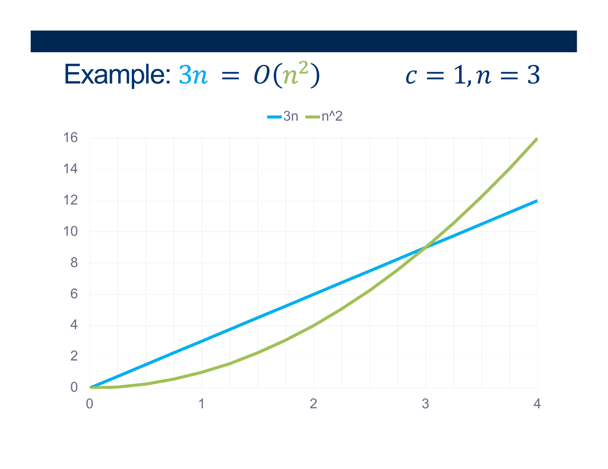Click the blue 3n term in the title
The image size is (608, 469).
193,75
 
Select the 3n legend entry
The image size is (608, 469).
282,116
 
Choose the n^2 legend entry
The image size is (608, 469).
324,116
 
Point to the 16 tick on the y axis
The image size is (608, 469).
70,138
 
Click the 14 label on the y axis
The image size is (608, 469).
70,169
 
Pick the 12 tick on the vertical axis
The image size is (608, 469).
70,200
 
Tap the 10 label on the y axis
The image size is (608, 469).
70,231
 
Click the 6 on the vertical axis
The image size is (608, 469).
74,294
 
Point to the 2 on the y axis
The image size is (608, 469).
74,356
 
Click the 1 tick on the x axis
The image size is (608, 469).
201,404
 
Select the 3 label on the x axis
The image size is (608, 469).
425,404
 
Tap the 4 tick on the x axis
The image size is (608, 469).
537,404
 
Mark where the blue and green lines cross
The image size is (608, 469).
426,247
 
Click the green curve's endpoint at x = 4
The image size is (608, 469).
536,139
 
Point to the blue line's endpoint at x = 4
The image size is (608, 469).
537,201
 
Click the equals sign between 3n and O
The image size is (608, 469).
230,76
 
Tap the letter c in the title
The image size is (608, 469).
411,76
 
